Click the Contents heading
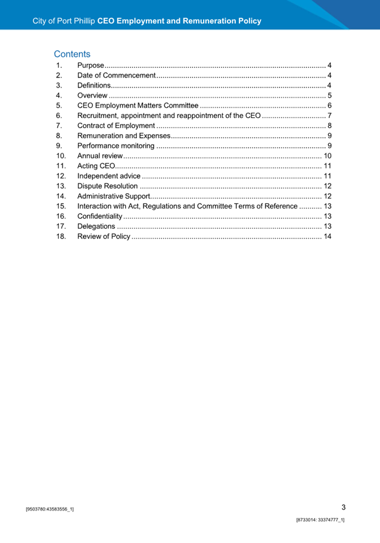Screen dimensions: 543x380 (72, 54)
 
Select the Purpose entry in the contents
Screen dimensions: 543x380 (91, 65)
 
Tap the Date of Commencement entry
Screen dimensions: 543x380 (116, 75)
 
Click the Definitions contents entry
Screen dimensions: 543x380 (94, 85)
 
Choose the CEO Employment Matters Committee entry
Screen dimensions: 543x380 (138, 106)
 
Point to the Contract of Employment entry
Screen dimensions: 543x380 (116, 126)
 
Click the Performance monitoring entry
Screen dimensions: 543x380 (117, 146)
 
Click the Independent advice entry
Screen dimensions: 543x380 (109, 176)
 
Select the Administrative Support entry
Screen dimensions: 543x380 (113, 196)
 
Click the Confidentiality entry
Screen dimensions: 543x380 (99, 216)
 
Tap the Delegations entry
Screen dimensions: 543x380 (96, 226)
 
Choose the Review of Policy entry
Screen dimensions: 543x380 (104, 237)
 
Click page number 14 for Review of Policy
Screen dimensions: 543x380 (327, 237)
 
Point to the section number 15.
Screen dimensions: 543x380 (60, 206)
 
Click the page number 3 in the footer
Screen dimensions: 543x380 (343, 507)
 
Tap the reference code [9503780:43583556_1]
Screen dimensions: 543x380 (50, 510)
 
